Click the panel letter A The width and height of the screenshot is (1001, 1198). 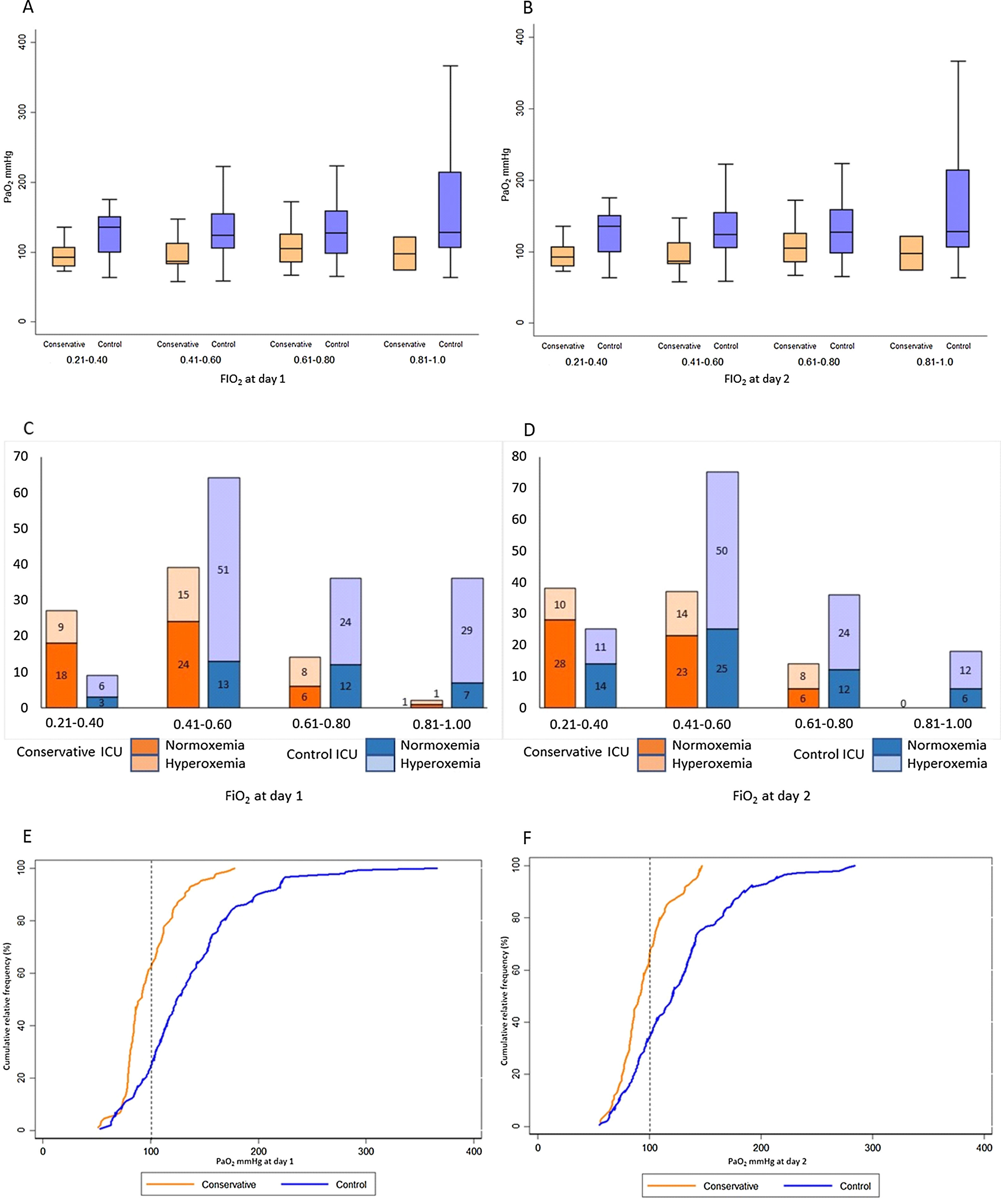pyautogui.click(x=27, y=8)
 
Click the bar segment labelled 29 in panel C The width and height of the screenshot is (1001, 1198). pyautogui.click(x=467, y=630)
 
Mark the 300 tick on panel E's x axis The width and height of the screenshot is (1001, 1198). pyautogui.click(x=366, y=1151)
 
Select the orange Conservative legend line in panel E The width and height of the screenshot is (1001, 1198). pyautogui.click(x=170, y=1184)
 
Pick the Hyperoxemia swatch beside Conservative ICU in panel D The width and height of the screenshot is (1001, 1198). pyautogui.click(x=651, y=763)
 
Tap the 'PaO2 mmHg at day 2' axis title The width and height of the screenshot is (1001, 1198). pyautogui.click(x=767, y=1161)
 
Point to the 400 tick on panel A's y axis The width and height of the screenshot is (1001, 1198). pyautogui.click(x=22, y=42)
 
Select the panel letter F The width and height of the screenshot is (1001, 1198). pyautogui.click(x=527, y=838)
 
